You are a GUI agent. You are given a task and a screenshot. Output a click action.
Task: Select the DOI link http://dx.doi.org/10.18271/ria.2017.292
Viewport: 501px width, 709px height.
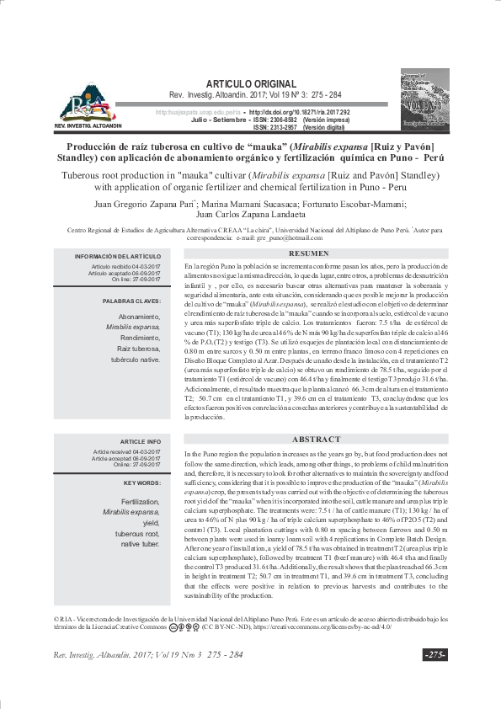299,112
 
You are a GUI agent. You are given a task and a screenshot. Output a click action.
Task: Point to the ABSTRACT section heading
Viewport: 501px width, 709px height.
315,440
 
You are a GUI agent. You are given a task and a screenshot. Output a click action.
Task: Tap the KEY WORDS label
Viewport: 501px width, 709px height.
138,483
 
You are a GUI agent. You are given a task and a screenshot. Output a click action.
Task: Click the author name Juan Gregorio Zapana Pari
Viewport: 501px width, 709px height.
141,204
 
